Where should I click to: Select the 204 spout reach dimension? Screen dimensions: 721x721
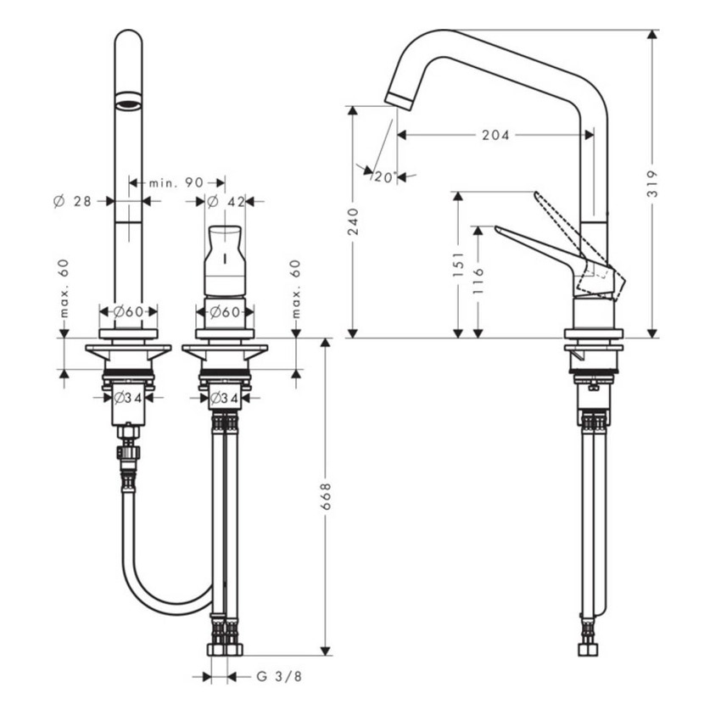pos(495,135)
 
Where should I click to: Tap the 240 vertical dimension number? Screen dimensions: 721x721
pos(354,221)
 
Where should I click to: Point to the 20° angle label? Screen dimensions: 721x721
pos(384,177)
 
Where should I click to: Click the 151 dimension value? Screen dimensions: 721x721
pos(458,265)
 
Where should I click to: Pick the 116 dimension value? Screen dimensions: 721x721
pos(479,281)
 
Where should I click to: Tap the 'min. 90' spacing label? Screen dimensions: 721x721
pos(176,182)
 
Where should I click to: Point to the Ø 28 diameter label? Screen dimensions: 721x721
pos(72,201)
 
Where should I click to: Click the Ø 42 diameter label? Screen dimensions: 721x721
pos(226,201)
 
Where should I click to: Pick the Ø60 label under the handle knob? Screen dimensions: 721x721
pos(225,311)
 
